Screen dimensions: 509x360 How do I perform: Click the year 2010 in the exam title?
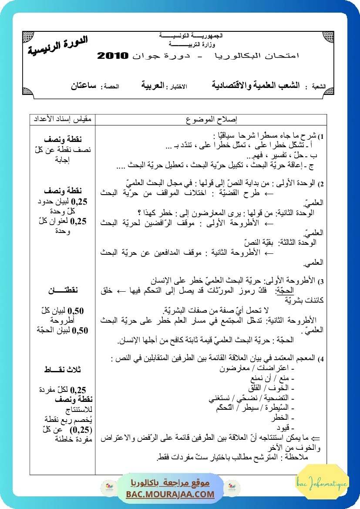click(113, 56)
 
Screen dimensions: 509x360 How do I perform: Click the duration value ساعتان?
click(84, 85)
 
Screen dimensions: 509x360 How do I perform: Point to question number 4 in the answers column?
click(321, 360)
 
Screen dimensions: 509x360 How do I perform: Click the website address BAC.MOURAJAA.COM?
click(171, 494)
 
